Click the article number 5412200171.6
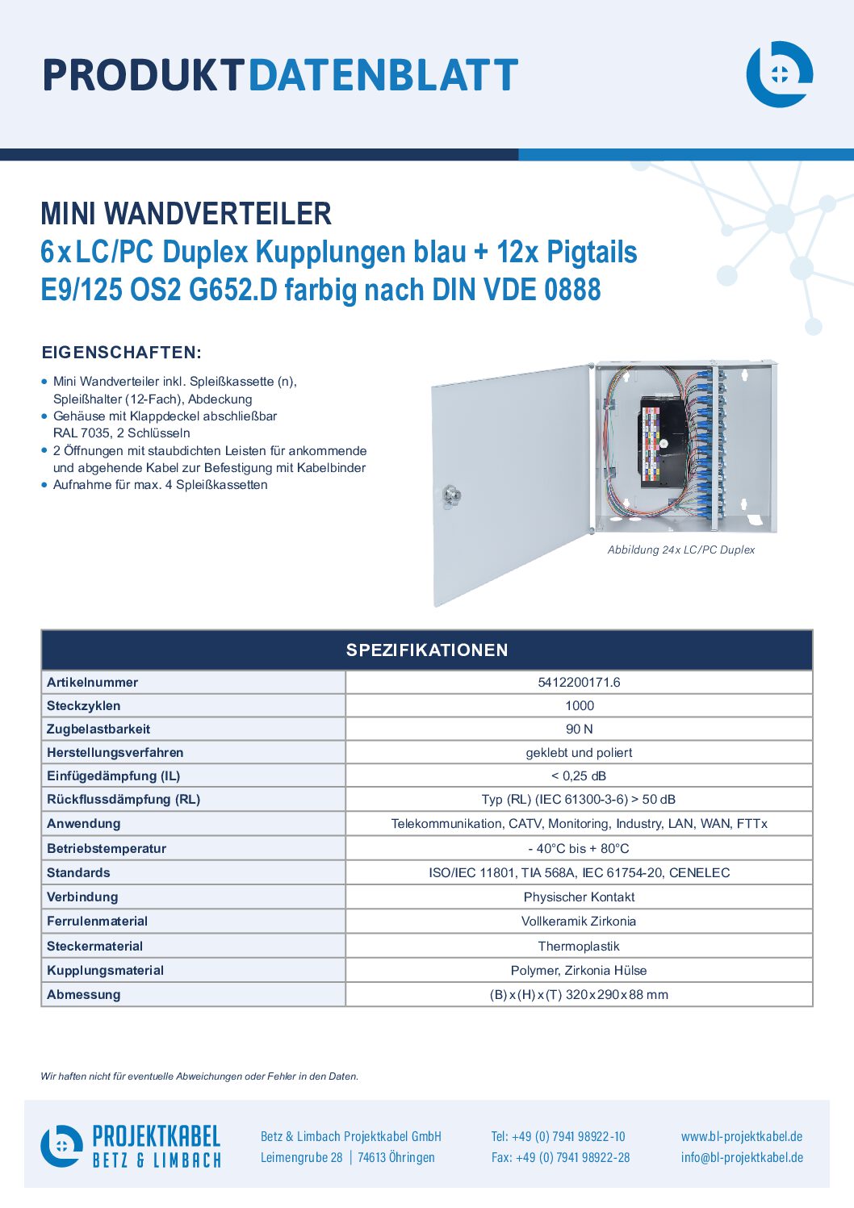coord(579,682)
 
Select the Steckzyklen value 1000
coord(580,705)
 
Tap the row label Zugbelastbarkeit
coord(98,729)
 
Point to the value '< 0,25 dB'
coord(579,775)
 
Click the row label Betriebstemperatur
coord(107,848)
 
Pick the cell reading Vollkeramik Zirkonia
coord(578,921)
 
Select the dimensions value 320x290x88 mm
coord(617,994)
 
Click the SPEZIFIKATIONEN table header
coord(427,650)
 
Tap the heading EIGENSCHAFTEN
coord(121,353)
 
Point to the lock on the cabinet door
coord(450,495)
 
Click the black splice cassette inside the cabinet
coord(663,442)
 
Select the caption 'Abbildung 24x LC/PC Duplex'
coord(680,550)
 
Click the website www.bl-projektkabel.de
coord(742,1136)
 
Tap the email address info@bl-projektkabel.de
coord(742,1157)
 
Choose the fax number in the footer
coord(560,1157)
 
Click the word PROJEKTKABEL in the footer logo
coord(157,1136)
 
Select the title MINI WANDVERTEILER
coord(186,214)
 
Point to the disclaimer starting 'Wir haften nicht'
coord(199,1076)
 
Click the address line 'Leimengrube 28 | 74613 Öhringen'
coord(347,1157)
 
